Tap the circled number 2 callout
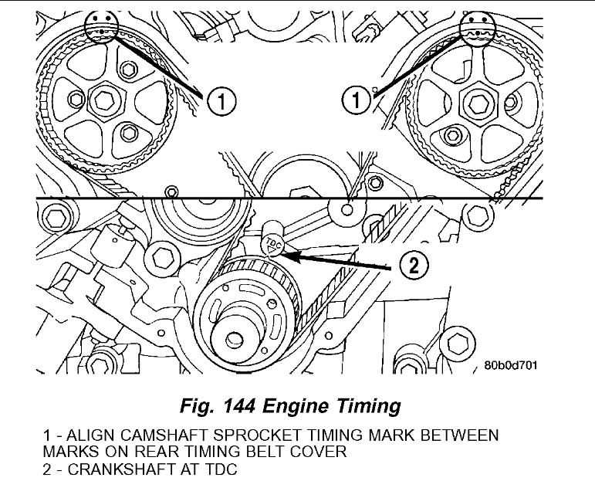pos(413,266)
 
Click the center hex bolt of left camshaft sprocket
pos(104,100)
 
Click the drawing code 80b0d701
pos(511,366)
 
